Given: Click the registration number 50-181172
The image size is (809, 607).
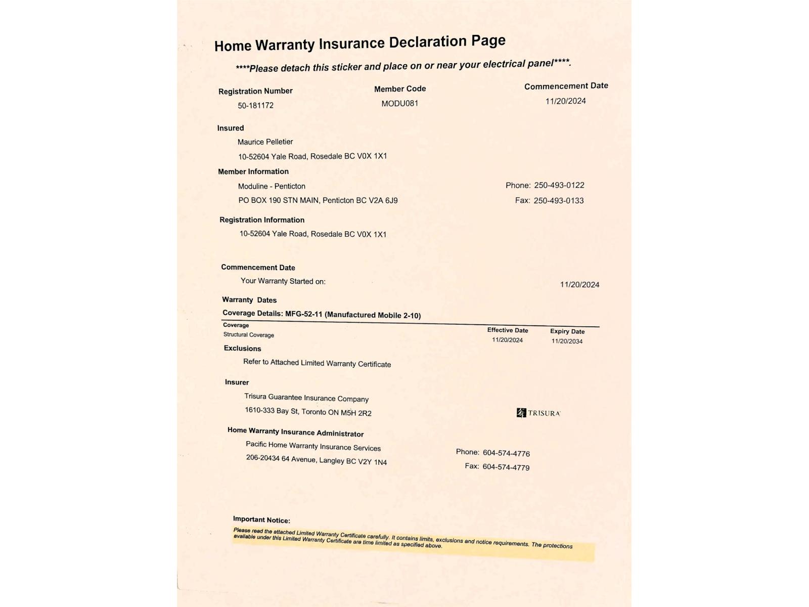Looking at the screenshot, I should (256, 105).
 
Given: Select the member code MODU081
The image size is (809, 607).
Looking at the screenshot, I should (400, 103).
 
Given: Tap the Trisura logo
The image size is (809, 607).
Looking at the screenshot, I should (538, 413).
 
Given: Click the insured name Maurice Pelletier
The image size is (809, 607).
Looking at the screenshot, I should (265, 142).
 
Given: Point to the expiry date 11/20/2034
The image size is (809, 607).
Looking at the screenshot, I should (567, 341).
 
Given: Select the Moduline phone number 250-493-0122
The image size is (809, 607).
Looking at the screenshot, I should (559, 185).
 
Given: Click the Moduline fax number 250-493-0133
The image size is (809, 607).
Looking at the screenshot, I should (559, 200).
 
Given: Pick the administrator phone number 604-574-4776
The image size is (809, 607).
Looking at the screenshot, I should (506, 453).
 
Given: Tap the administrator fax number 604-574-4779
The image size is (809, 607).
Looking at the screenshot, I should (506, 467).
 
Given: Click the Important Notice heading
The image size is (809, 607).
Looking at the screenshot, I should (261, 519).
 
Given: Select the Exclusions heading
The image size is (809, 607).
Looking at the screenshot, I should (243, 349).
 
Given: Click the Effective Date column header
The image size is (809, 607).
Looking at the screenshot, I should (508, 330).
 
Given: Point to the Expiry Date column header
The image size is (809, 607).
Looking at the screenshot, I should (567, 332).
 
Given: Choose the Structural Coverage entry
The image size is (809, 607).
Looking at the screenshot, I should (249, 335).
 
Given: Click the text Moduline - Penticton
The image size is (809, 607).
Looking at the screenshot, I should (272, 186).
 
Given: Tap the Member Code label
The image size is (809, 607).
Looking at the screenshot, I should (400, 89).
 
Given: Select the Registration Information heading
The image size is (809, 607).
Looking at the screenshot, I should (262, 220).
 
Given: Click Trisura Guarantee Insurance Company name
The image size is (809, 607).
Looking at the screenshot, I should (306, 398).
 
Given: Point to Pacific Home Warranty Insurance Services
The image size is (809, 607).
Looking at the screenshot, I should (313, 446).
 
